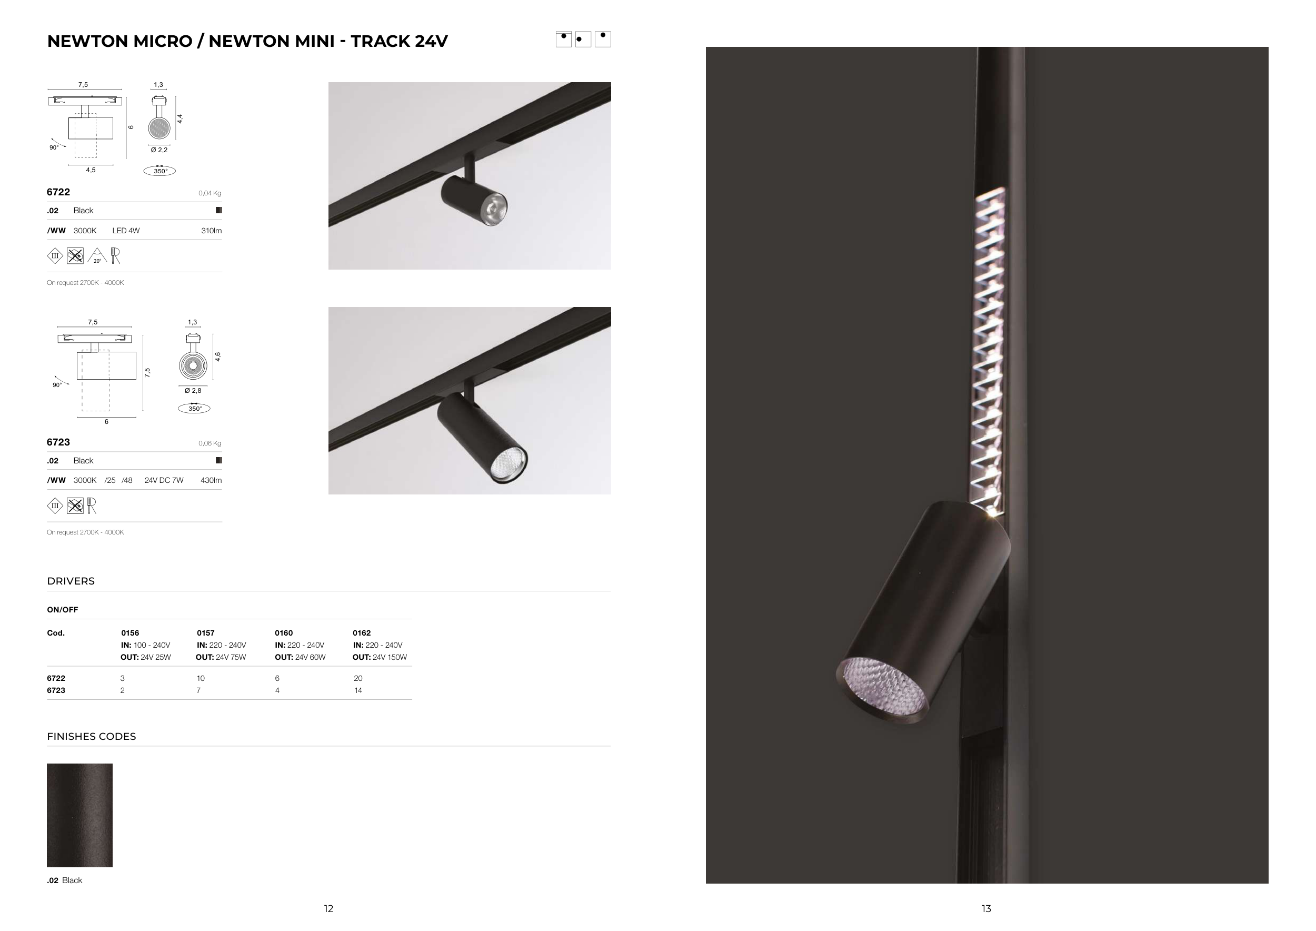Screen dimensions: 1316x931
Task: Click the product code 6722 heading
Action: point(58,192)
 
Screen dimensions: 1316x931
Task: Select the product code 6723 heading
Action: point(58,442)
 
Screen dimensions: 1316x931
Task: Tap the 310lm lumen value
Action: point(212,231)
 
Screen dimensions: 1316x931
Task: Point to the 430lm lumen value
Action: point(211,480)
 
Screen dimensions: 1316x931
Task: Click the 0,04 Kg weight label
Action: point(210,193)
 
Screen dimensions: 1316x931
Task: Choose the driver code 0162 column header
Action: point(362,633)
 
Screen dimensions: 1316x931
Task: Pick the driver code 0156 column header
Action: point(130,633)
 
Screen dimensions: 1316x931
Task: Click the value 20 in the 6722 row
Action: point(358,678)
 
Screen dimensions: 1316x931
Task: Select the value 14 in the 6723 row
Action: point(358,690)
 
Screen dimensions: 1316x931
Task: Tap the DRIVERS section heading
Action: point(71,581)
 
